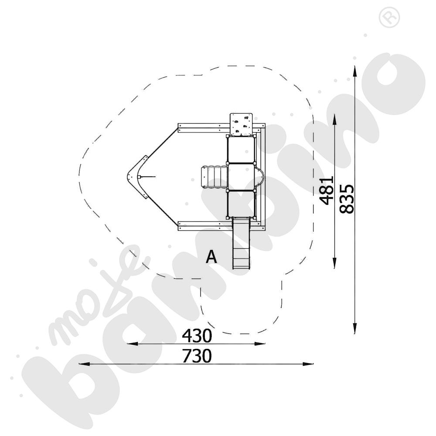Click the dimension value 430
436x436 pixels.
(x=197, y=336)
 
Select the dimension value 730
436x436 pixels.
(x=197, y=356)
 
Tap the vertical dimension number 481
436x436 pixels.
(x=326, y=190)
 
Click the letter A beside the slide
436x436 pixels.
(x=211, y=257)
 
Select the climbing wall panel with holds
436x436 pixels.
(x=241, y=123)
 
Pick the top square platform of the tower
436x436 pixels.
(x=241, y=150)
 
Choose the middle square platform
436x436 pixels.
(x=241, y=177)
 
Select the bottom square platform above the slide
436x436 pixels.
(x=241, y=204)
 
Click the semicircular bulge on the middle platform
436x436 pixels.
(x=260, y=177)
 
